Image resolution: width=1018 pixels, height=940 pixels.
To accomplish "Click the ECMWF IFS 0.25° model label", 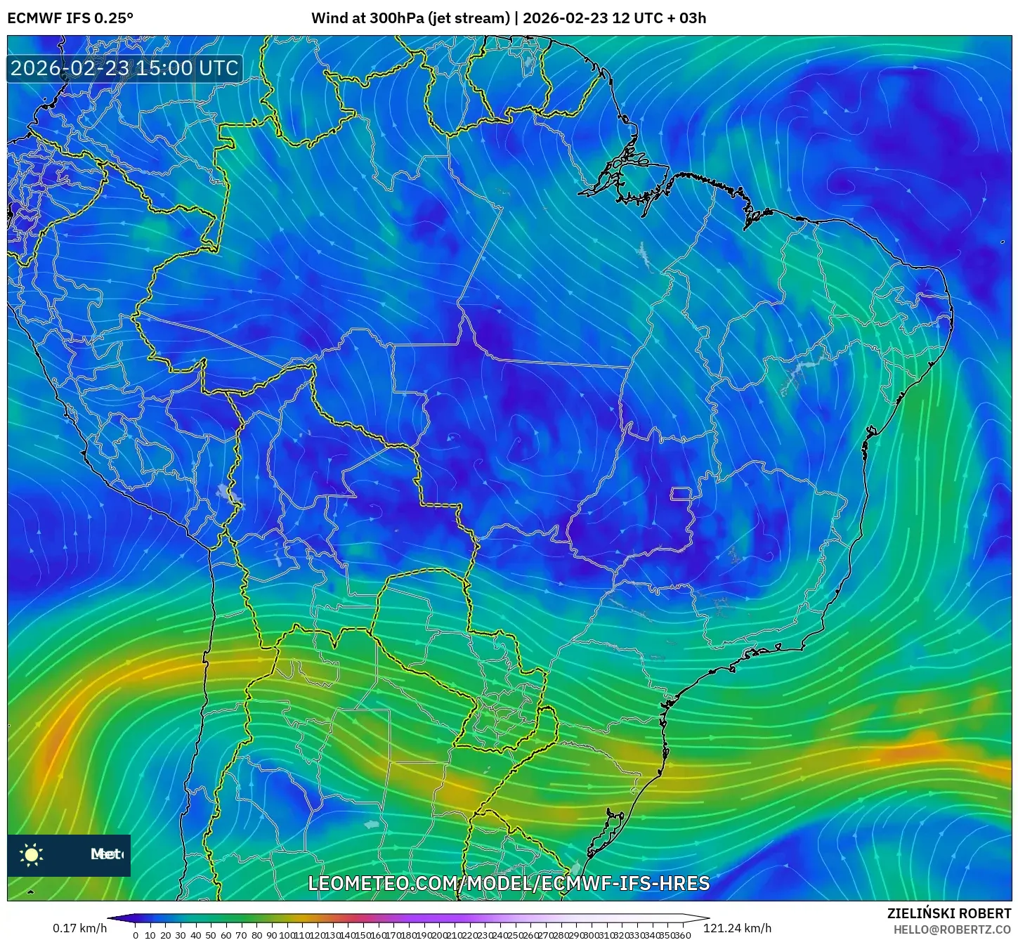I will pyautogui.click(x=70, y=18).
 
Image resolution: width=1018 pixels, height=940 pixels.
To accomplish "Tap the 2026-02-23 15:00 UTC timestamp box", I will pyautogui.click(x=124, y=68).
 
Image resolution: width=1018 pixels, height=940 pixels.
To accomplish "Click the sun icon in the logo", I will pyautogui.click(x=32, y=854).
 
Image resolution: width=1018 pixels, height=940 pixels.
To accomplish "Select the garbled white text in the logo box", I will pyautogui.click(x=107, y=854).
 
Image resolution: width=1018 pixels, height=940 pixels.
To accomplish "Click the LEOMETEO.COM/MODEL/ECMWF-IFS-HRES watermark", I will pyautogui.click(x=509, y=883).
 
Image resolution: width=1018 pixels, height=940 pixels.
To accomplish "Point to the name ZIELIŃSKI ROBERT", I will pyautogui.click(x=948, y=913).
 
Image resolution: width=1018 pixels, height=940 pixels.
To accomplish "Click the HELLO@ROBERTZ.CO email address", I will pyautogui.click(x=952, y=929).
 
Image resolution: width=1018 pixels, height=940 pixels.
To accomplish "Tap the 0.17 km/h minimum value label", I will pyautogui.click(x=79, y=928).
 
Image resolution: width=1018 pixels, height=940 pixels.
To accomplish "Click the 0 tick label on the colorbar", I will pyautogui.click(x=136, y=935).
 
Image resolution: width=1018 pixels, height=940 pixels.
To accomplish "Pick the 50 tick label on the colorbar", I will pyautogui.click(x=211, y=935).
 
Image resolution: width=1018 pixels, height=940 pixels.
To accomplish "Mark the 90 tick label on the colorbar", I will pyautogui.click(x=271, y=935).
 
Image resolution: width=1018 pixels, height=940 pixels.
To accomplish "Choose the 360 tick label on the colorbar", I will pyautogui.click(x=683, y=935).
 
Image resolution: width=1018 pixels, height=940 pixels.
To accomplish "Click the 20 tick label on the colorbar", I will pyautogui.click(x=166, y=935).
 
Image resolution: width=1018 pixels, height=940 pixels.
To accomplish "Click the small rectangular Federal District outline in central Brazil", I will pyautogui.click(x=681, y=493).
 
